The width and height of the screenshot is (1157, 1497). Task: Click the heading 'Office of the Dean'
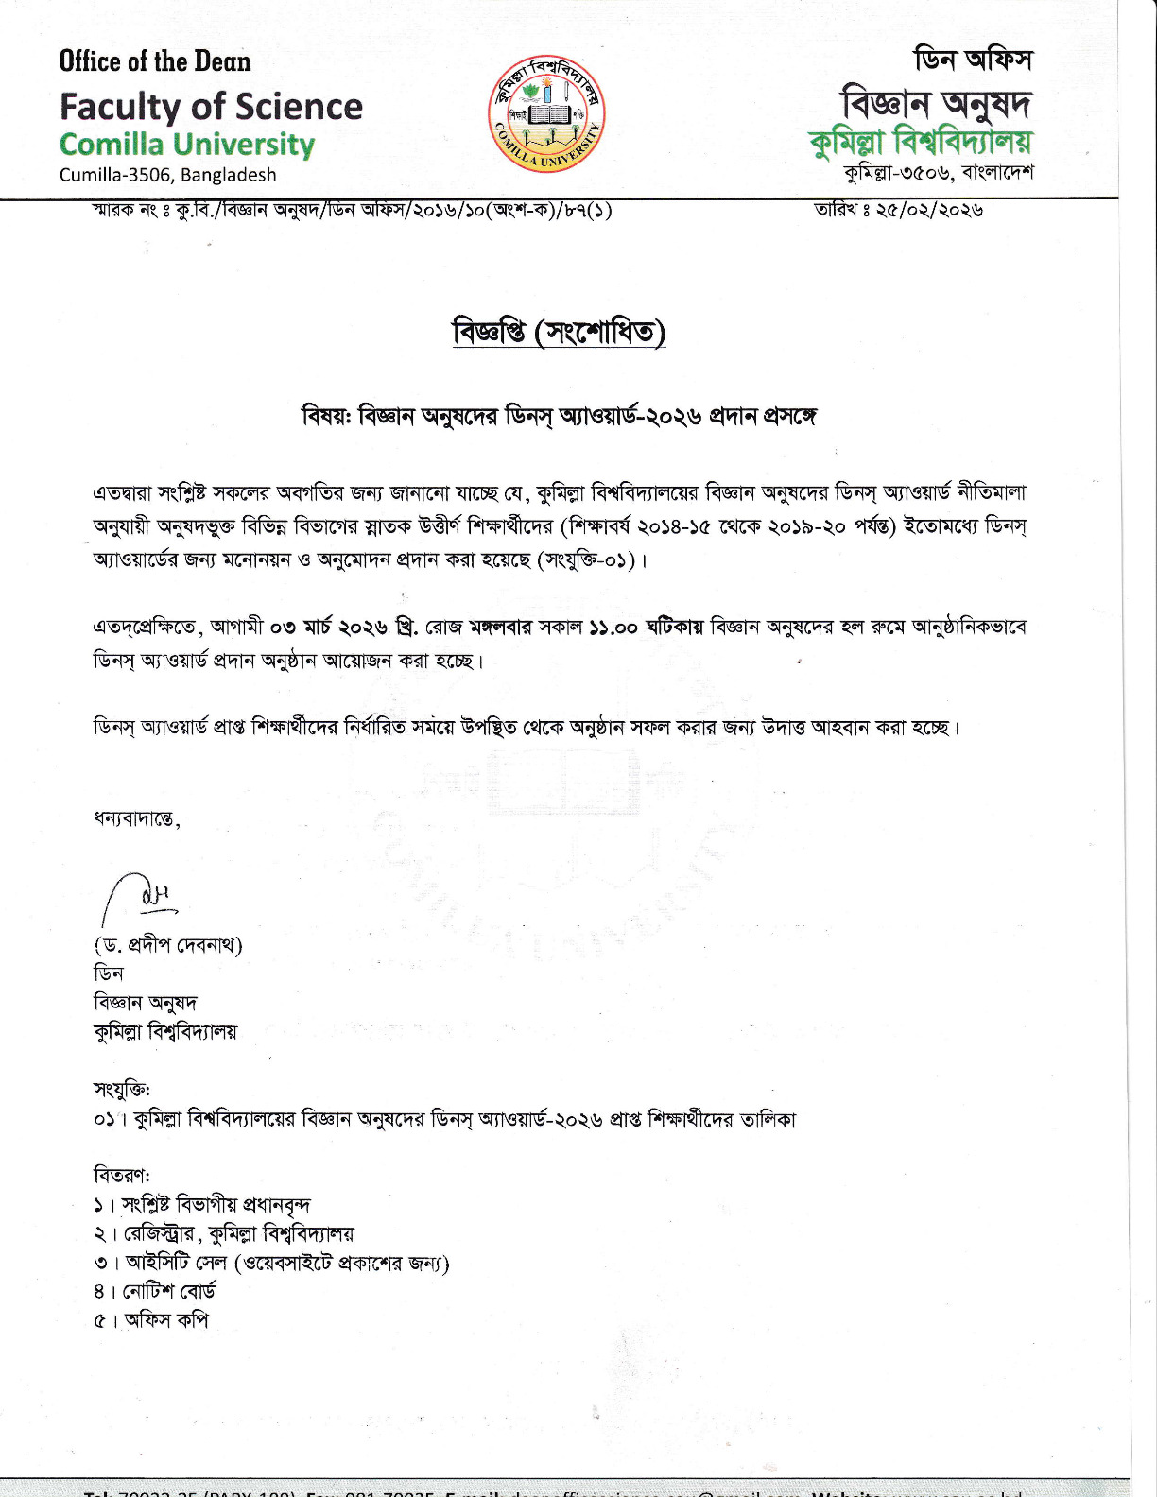pos(155,61)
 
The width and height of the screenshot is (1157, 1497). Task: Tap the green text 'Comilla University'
pos(186,145)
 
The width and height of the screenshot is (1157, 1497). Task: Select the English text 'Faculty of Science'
pos(211,107)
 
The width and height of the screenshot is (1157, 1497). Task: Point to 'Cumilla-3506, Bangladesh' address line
pos(167,175)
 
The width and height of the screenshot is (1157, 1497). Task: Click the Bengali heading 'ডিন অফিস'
pos(973,60)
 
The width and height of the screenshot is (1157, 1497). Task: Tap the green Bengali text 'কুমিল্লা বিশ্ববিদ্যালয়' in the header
pos(921,142)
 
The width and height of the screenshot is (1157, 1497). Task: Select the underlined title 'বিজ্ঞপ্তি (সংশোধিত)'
pos(559,333)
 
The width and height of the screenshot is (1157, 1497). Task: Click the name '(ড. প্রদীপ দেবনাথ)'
pos(168,945)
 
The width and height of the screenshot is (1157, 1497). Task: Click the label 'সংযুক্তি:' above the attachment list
pos(122,1090)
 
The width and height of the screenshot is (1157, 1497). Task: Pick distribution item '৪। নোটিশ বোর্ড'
pos(155,1291)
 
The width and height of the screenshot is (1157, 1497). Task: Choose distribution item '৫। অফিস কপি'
pos(151,1320)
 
